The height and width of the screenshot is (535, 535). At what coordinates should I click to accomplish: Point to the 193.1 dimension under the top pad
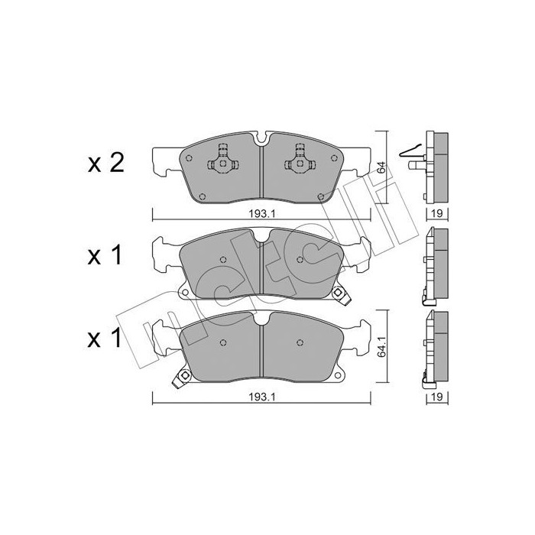(x=261, y=215)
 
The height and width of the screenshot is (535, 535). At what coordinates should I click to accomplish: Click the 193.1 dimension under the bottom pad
(x=261, y=395)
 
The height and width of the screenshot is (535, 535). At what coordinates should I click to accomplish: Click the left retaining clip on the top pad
(x=222, y=161)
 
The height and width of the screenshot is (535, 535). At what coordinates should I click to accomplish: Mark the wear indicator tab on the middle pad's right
(x=338, y=291)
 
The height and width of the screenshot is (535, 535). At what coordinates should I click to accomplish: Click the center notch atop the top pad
(x=261, y=140)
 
